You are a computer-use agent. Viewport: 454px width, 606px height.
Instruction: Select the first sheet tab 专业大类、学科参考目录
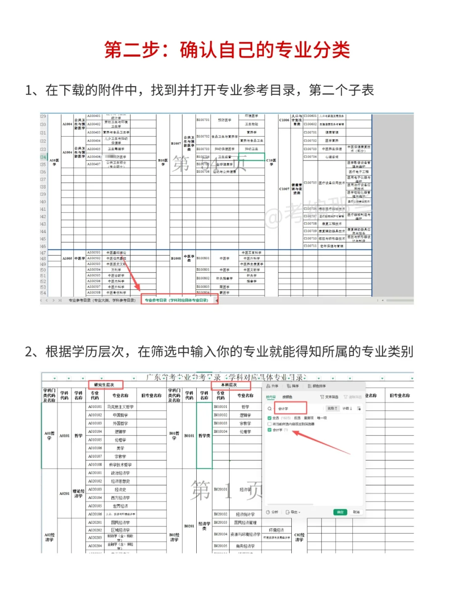(x=102, y=300)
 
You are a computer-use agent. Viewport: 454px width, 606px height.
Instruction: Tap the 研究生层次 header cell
(x=105, y=384)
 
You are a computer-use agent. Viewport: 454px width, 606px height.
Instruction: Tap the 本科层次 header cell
(x=229, y=384)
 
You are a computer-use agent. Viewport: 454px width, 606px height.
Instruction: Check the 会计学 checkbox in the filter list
(x=269, y=430)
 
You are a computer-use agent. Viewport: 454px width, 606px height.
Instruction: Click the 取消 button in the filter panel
(x=356, y=512)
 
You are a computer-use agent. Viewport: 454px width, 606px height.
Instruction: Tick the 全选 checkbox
(x=269, y=418)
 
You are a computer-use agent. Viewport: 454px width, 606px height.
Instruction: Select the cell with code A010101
(x=95, y=407)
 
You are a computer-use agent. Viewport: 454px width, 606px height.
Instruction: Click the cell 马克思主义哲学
(x=120, y=407)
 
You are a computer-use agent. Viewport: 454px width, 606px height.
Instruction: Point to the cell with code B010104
(x=220, y=431)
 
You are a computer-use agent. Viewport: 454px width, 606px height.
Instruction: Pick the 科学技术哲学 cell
(x=120, y=464)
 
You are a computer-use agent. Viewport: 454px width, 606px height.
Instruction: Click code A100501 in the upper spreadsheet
(x=94, y=252)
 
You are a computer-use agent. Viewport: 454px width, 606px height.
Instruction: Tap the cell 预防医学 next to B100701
(x=224, y=120)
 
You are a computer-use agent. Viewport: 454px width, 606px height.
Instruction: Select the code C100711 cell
(x=310, y=246)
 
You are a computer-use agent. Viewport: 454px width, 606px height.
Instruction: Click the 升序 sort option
(x=272, y=386)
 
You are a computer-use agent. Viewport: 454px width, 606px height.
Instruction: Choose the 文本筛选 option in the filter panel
(x=330, y=397)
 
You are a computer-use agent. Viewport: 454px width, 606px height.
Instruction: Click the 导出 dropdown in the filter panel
(x=293, y=512)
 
